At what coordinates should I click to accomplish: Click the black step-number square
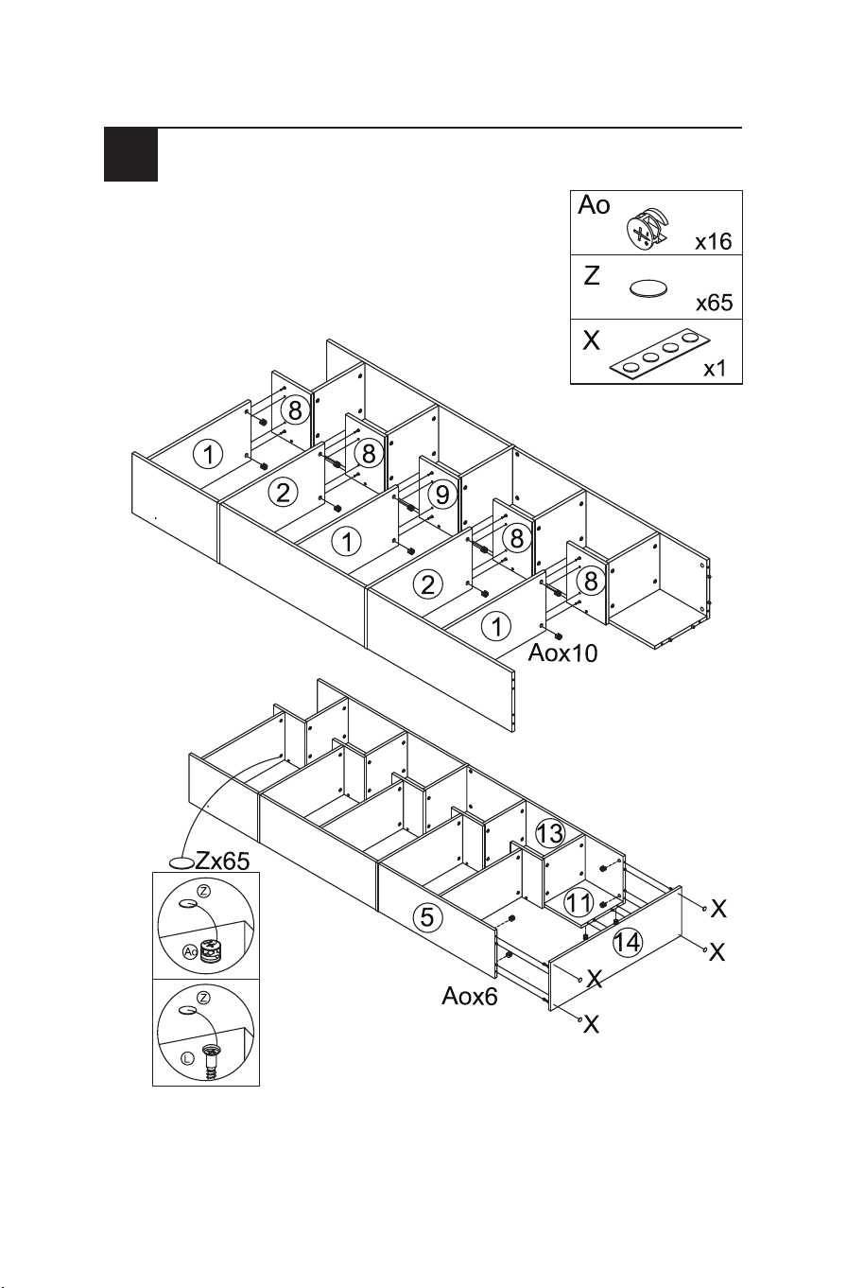click(x=130, y=154)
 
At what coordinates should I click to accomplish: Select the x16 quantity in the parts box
click(x=714, y=242)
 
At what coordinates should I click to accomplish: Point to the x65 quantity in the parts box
click(x=715, y=303)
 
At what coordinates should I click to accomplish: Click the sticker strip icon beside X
click(x=660, y=355)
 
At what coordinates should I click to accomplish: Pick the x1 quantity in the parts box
click(x=715, y=369)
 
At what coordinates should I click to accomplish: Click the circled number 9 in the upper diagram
click(x=442, y=495)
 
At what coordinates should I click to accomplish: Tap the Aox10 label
click(x=562, y=653)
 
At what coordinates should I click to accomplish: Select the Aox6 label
click(x=470, y=997)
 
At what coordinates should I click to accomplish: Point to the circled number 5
click(x=427, y=916)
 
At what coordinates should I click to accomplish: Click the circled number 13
click(x=550, y=833)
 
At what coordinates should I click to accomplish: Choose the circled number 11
click(x=579, y=903)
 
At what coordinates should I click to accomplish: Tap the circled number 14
click(x=628, y=943)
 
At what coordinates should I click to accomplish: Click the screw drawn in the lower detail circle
click(x=212, y=1061)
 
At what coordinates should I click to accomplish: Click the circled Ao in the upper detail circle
click(x=190, y=952)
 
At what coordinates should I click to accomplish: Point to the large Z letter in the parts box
click(x=592, y=276)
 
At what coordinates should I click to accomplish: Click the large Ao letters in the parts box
click(x=594, y=204)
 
